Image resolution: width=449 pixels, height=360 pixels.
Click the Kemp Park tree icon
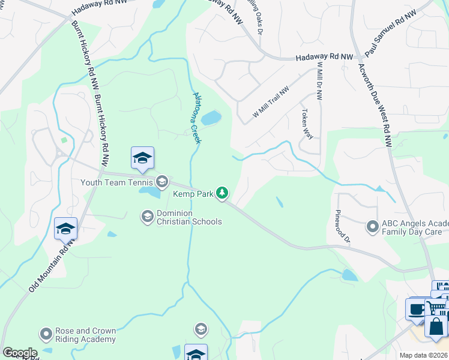click(x=223, y=193)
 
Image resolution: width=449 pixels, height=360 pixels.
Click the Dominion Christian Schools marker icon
click(x=147, y=215)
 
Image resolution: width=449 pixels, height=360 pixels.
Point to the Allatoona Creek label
click(x=196, y=117)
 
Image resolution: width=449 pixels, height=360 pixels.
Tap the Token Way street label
click(x=307, y=124)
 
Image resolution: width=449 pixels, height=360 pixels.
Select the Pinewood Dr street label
click(x=343, y=227)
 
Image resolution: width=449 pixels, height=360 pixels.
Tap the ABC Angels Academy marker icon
click(x=372, y=226)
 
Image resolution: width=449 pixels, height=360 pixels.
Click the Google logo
click(x=19, y=353)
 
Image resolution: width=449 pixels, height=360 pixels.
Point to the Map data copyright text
click(x=424, y=355)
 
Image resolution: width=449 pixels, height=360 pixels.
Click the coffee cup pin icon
click(x=416, y=310)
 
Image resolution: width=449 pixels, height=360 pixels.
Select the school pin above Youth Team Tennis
click(x=142, y=158)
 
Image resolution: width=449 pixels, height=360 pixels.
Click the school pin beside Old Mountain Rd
click(x=65, y=229)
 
